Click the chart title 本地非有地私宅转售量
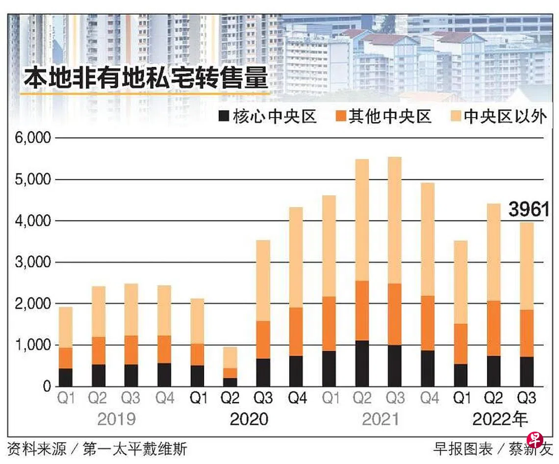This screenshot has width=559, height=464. pos(146,78)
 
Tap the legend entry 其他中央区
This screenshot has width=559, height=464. pos(383,117)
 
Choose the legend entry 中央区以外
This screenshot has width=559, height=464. pos(498,117)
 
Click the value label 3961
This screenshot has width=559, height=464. pos(529,210)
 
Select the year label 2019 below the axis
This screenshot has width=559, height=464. pos(116,420)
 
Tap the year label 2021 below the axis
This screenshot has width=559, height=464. pos(380,420)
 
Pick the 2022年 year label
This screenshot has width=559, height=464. pos(499,420)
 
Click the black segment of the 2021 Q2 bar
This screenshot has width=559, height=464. pos(362,364)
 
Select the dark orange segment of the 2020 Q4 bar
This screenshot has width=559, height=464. pos(296,332)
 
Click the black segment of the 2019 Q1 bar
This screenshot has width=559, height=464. pos(66,377)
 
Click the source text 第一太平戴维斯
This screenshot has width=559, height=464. pos(135,449)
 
